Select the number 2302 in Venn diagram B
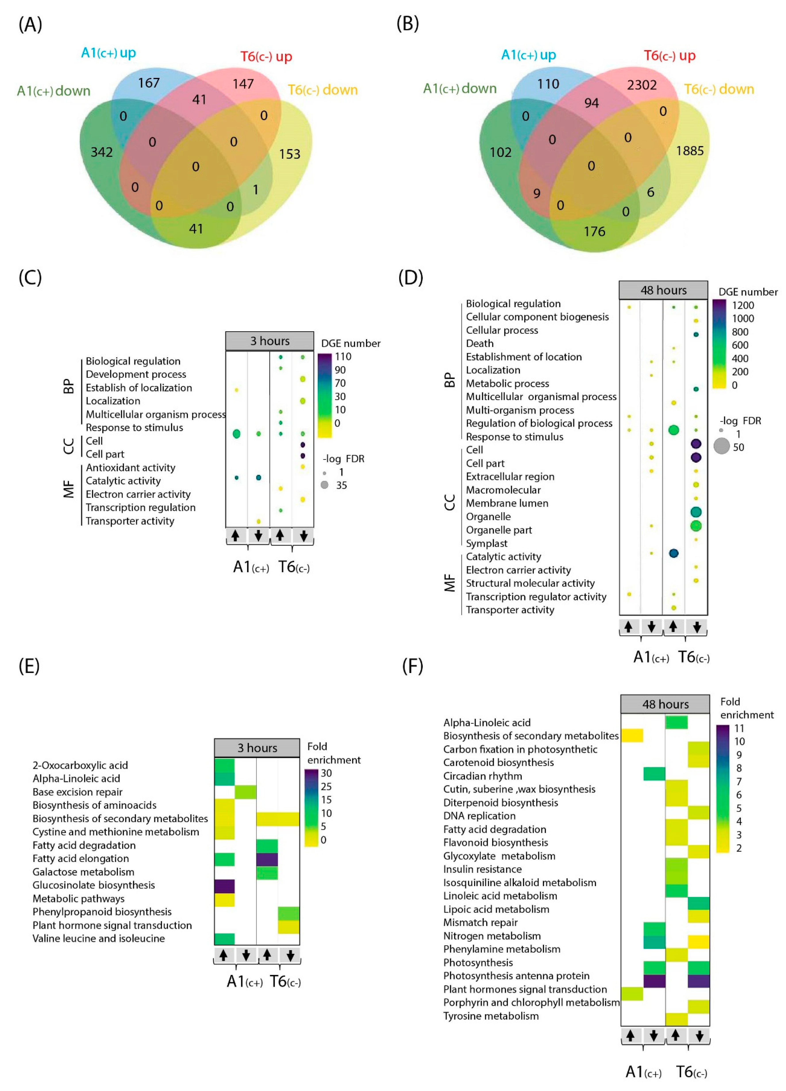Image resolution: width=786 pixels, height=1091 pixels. click(x=641, y=85)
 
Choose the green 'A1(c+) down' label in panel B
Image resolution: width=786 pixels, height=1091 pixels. click(x=459, y=89)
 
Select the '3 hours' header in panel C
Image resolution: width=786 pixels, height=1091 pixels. click(x=270, y=341)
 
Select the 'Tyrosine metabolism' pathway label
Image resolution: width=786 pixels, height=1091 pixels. click(x=491, y=1016)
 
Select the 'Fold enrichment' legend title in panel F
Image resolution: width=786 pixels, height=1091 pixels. click(x=747, y=708)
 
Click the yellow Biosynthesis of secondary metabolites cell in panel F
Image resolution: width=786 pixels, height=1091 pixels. click(x=632, y=736)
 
